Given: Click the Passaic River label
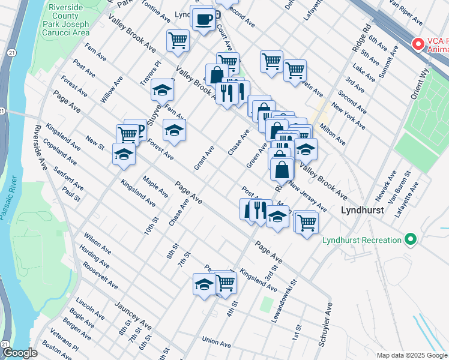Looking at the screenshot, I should [12, 197].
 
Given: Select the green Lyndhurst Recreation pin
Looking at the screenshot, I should [411, 240].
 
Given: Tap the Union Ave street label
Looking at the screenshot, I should [217, 344].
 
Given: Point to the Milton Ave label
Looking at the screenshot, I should [332, 136].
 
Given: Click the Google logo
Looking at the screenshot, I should [19, 353].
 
